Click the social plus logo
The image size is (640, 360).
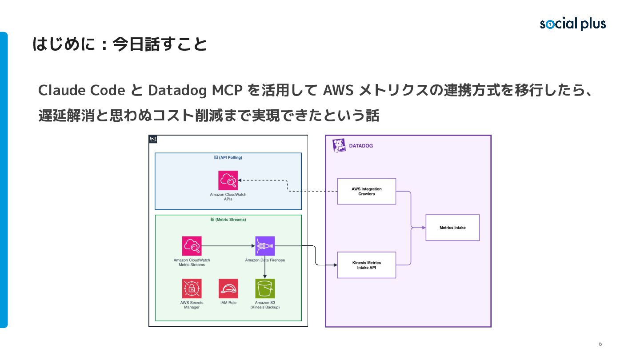tap(572, 24)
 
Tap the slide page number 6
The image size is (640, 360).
tap(600, 344)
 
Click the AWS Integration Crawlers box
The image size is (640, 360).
tap(367, 191)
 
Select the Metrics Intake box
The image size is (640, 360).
tap(452, 228)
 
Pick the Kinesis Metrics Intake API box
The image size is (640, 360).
tap(367, 265)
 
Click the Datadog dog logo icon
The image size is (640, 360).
tap(339, 145)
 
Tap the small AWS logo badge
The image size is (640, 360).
tap(153, 139)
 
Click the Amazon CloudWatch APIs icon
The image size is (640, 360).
tap(228, 180)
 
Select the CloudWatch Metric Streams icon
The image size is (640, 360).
tap(192, 246)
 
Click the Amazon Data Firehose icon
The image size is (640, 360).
tap(265, 246)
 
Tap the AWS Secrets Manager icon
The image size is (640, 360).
tap(192, 288)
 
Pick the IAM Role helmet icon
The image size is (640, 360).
tap(228, 288)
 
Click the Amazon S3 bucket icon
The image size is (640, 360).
tap(265, 288)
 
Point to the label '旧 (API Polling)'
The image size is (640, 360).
tap(228, 157)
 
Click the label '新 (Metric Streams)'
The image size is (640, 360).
tap(228, 220)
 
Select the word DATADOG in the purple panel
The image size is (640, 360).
tap(361, 146)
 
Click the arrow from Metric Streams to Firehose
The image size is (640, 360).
tap(228, 246)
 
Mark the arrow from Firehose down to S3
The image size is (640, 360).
tap(265, 267)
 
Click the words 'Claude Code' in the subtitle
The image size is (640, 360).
tap(82, 90)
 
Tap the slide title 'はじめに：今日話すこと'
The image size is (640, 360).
tap(120, 44)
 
